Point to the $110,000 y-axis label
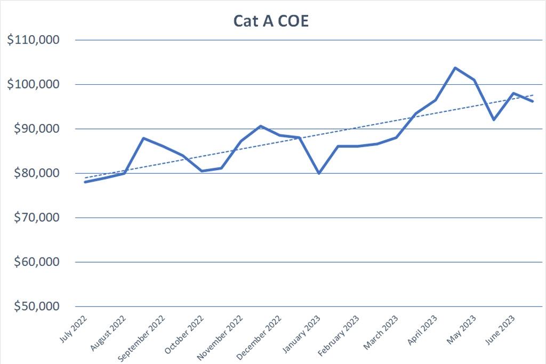tap(34, 40)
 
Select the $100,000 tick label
tap(34, 84)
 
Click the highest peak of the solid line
tap(455, 68)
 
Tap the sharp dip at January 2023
tap(319, 173)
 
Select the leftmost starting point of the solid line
tap(85, 182)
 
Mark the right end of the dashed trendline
tap(532, 95)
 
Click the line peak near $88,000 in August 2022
tap(143, 138)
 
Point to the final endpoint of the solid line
tap(532, 101)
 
